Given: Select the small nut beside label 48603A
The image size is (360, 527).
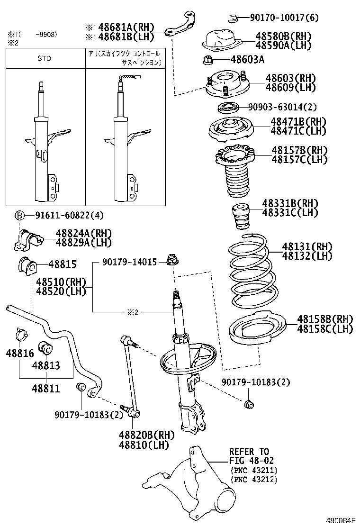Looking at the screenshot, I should click(207, 60).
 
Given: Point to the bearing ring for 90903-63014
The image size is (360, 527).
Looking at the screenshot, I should click(229, 107).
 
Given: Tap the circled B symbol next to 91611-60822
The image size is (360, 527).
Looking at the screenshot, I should click(19, 216).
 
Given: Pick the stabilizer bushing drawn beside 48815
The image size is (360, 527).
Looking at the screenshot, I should click(27, 266).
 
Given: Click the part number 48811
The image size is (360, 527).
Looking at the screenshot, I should click(46, 389).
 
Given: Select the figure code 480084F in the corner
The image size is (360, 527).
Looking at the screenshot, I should click(340, 520).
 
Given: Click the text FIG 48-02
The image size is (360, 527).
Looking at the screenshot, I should click(252, 460).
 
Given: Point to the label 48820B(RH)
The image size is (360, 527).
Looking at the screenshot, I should click(146, 435).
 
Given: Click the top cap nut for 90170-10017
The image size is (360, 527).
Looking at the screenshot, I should click(233, 18).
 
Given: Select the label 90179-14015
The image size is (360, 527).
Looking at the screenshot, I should click(128, 262).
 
